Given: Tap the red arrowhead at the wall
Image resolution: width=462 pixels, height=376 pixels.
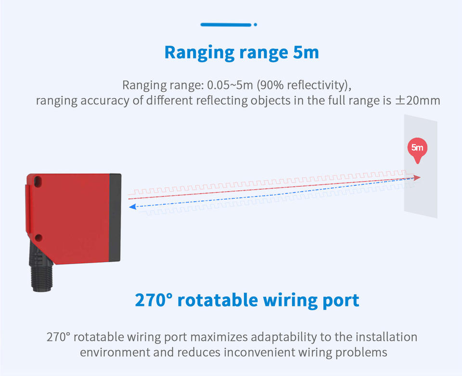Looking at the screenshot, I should [x=417, y=178].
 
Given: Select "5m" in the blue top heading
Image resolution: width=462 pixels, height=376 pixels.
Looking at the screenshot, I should [x=306, y=52].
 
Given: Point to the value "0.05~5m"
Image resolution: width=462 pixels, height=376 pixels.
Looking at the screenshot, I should [x=231, y=86].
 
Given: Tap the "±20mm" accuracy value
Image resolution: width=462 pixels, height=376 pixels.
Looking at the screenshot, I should [x=417, y=101].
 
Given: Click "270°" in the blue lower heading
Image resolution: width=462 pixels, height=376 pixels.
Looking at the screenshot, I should [x=154, y=300].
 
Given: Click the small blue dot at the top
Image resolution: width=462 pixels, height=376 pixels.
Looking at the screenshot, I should [x=255, y=24].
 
